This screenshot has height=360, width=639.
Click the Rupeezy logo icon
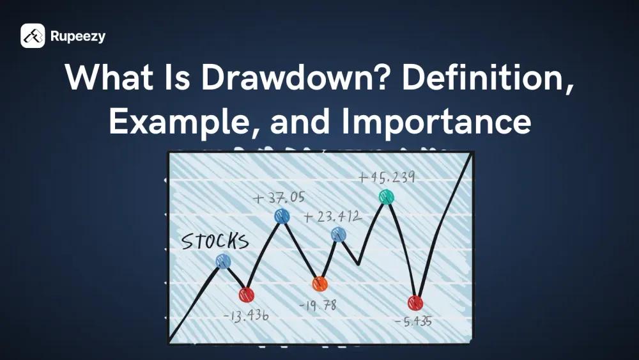click(x=33, y=36)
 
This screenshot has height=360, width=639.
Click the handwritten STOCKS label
click(x=214, y=241)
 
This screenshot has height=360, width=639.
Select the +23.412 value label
click(x=332, y=217)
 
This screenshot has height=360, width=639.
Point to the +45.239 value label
click(x=387, y=177)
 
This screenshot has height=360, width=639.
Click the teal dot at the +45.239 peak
click(x=386, y=197)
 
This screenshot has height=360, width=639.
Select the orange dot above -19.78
click(x=319, y=284)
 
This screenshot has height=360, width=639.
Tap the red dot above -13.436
click(x=246, y=295)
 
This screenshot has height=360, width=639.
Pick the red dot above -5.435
click(x=415, y=302)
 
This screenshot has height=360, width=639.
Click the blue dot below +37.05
click(x=282, y=216)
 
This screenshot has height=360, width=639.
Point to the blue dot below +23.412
click(x=339, y=235)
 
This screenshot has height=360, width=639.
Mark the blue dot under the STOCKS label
click(x=222, y=261)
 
